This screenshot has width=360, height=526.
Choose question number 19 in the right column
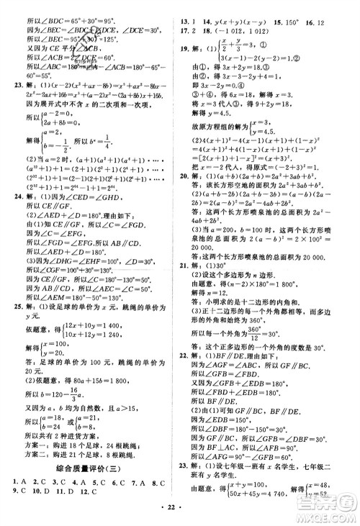coord(185,48)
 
